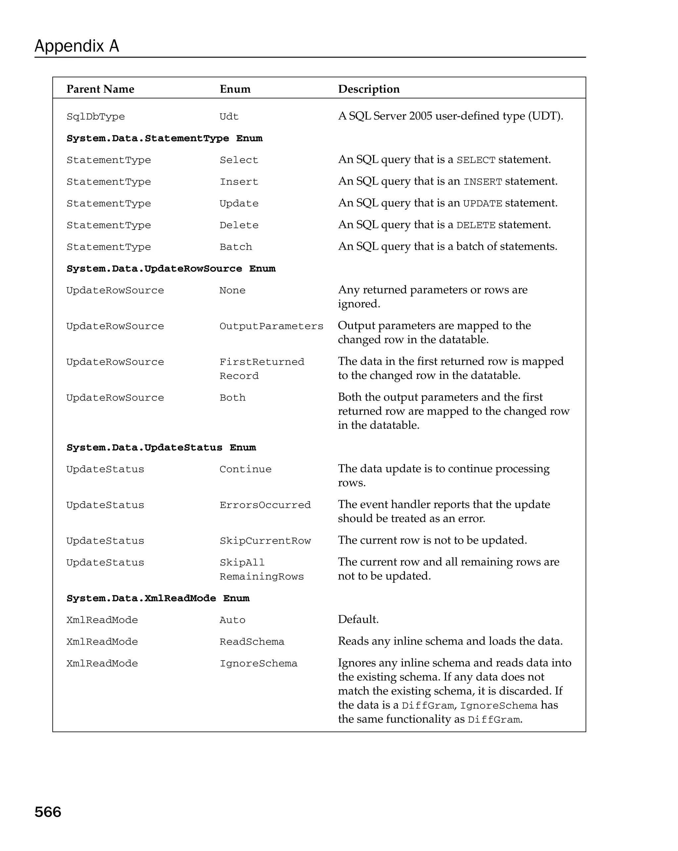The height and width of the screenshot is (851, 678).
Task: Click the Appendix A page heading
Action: [76, 46]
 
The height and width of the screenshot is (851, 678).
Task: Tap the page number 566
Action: [48, 812]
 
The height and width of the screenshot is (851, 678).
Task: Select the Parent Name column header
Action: [100, 89]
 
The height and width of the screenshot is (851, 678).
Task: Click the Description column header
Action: [368, 89]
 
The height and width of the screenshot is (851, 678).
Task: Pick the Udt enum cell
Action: [229, 117]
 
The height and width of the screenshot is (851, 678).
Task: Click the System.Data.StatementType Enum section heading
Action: [164, 138]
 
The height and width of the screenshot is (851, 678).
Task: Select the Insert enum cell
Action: [239, 182]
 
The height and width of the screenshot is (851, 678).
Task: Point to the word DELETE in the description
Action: [475, 225]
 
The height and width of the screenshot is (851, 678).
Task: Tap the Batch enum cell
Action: [235, 247]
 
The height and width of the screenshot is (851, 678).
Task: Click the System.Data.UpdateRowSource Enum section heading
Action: [171, 268]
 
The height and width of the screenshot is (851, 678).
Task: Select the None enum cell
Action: [232, 290]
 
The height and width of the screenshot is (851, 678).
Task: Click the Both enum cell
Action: [232, 398]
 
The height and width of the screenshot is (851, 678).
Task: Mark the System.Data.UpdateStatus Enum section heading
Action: [161, 447]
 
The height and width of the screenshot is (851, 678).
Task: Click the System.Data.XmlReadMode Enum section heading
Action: [158, 598]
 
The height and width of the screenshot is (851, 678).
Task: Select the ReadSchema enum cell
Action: [252, 641]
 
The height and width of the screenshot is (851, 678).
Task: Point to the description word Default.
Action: [358, 619]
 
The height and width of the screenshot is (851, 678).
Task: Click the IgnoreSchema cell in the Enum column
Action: [258, 663]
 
